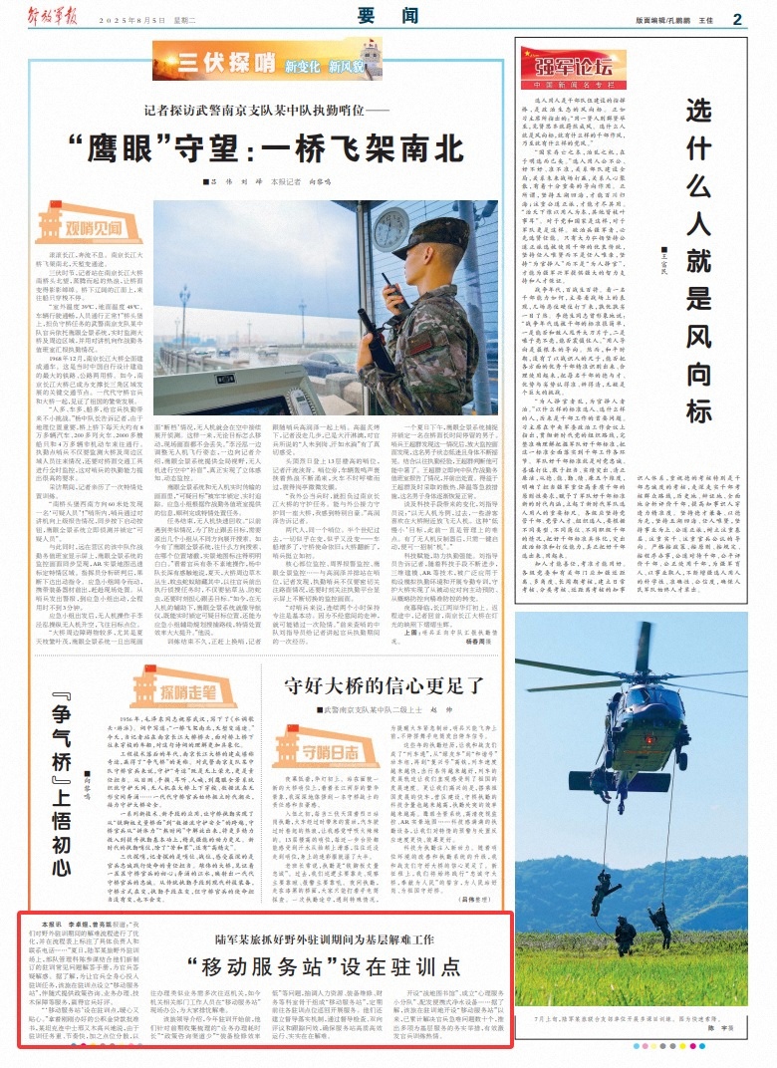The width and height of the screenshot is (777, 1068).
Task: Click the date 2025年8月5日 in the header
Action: click(144, 19)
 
